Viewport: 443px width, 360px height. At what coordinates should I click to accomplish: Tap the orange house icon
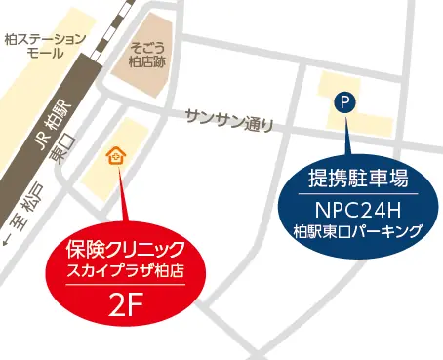click(115, 156)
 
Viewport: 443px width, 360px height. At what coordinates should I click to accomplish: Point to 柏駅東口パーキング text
click(357, 231)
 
